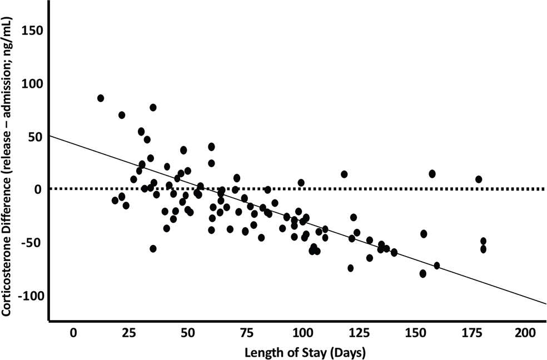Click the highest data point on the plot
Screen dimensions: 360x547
pos(101,98)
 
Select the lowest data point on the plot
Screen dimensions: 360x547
pos(423,273)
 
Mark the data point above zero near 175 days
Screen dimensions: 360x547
pos(479,179)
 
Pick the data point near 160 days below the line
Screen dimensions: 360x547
pos(437,266)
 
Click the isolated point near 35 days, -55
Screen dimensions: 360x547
pos(153,249)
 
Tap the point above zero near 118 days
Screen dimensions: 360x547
pos(344,174)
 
